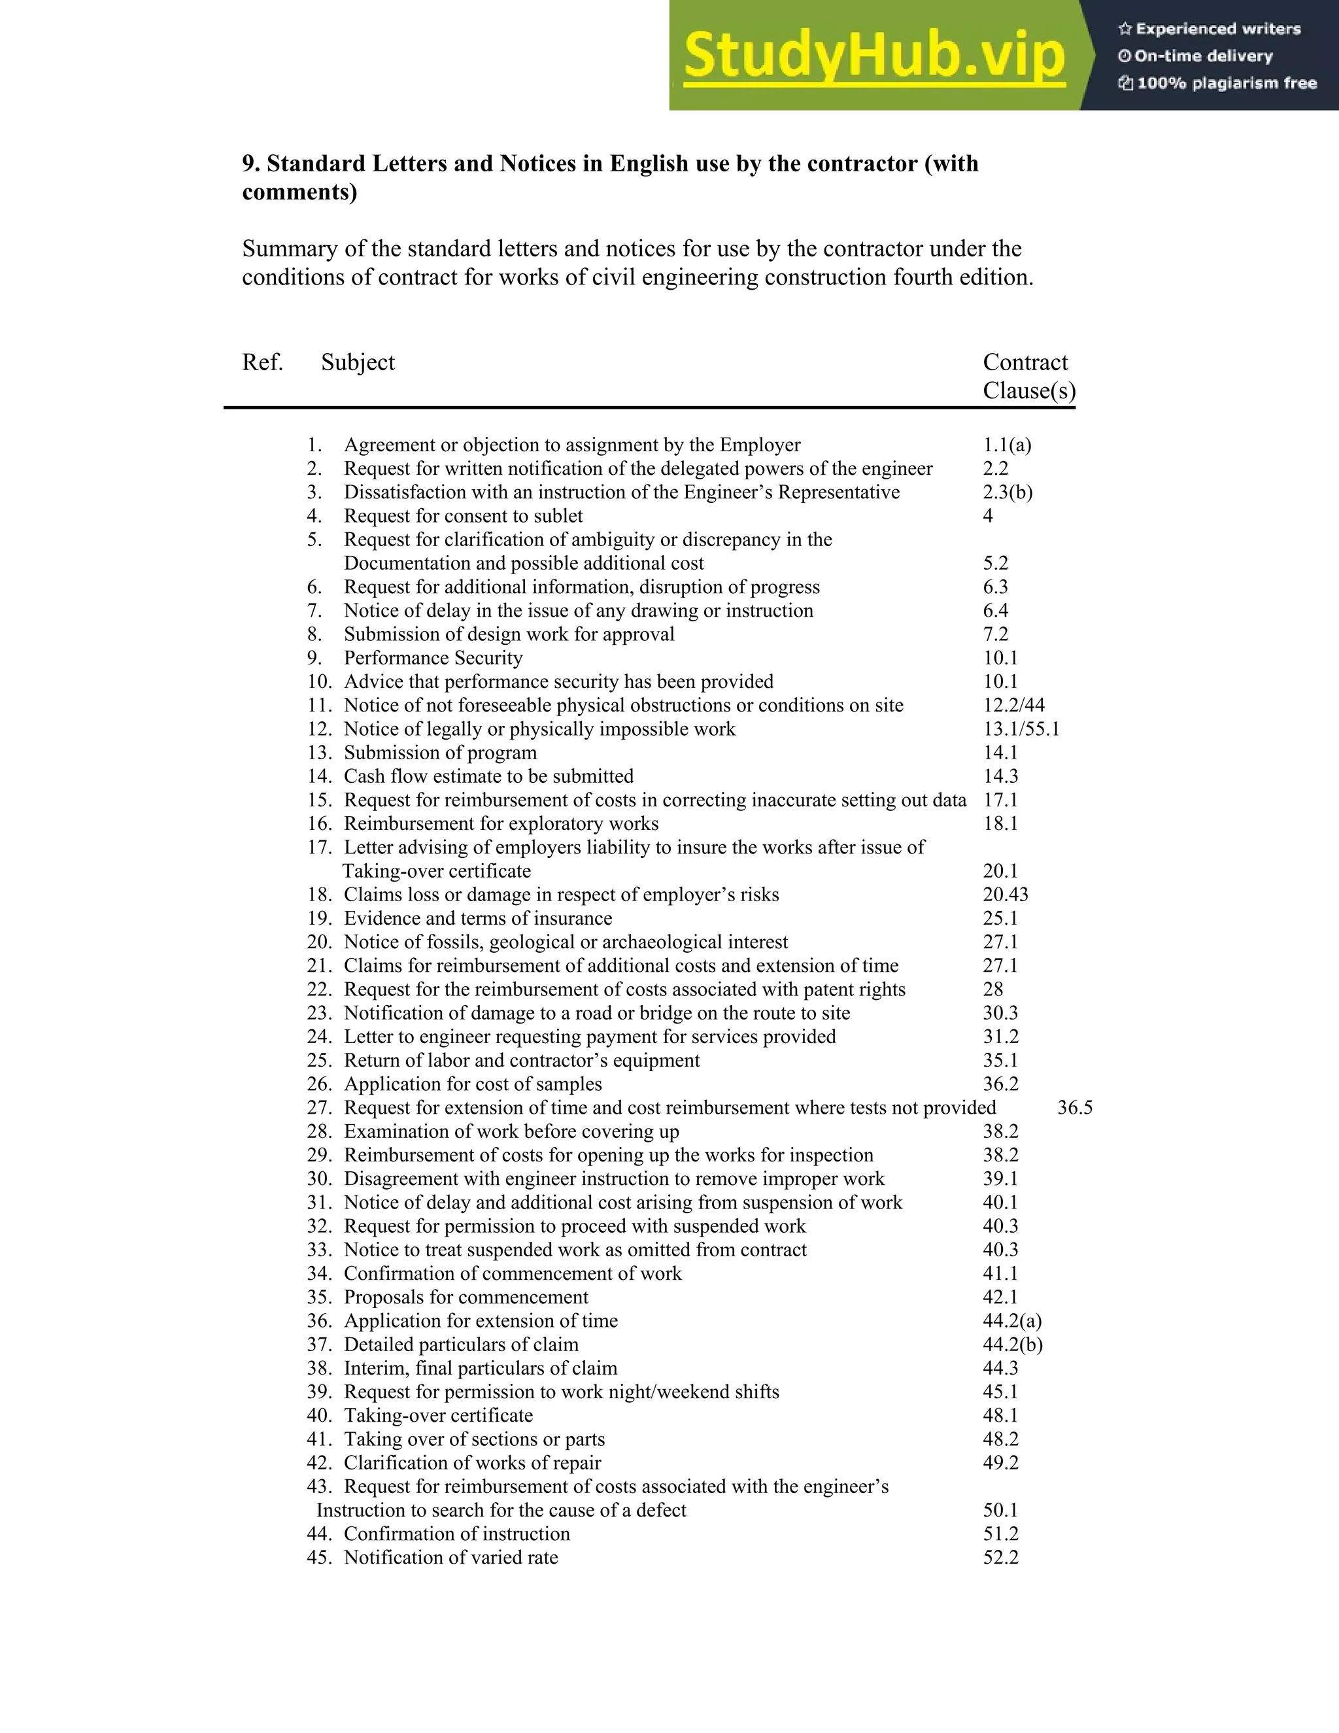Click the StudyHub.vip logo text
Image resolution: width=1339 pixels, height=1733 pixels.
pos(873,56)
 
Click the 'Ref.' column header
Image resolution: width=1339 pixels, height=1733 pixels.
pos(263,363)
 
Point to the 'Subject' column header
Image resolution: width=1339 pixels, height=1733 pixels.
pos(358,363)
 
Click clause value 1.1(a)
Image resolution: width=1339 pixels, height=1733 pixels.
pos(1008,445)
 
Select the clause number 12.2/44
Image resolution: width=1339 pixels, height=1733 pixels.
pos(1014,706)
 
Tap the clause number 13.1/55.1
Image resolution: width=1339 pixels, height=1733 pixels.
pos(1021,729)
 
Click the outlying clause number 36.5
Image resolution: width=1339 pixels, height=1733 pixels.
pos(1075,1108)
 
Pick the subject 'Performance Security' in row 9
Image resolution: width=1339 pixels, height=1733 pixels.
pos(433,658)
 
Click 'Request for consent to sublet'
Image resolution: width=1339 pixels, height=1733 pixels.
pos(464,516)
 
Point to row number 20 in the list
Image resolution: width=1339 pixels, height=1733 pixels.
pos(319,942)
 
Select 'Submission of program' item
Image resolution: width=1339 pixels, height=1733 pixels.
pos(440,752)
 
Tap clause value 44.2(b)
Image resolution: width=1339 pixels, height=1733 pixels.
pos(1012,1344)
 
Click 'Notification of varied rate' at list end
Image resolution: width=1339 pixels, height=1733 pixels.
pos(450,1558)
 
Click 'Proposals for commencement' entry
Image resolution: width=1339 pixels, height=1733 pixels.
pos(466,1297)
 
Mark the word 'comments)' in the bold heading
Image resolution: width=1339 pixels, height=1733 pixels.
pos(299,193)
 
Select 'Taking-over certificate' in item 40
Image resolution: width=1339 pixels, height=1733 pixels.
pos(438,1416)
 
